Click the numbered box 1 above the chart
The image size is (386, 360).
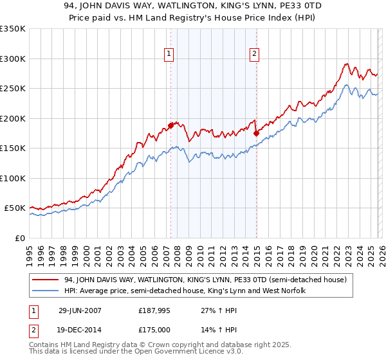(x=169, y=55)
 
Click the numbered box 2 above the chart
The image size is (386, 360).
(x=255, y=55)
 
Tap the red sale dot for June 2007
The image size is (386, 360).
(x=171, y=125)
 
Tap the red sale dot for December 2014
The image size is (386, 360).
(x=256, y=133)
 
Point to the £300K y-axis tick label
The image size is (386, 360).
(x=13, y=59)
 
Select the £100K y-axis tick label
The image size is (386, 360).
(x=13, y=178)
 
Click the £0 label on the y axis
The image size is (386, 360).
(x=19, y=238)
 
